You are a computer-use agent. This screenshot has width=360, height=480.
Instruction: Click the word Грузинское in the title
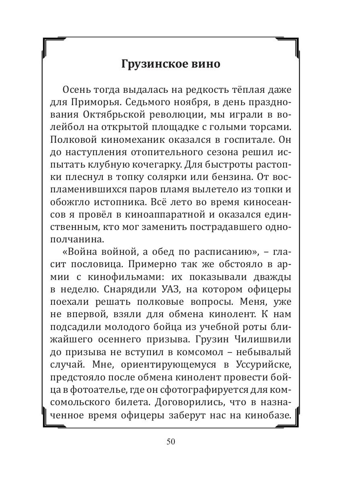point(150,64)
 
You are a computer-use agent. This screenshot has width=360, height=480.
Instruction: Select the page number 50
point(171,442)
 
